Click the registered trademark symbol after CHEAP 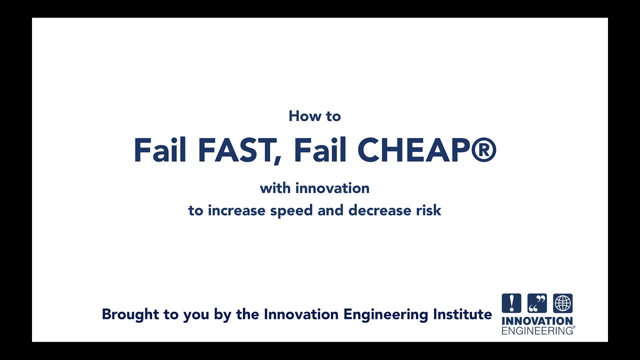pyautogui.click(x=483, y=150)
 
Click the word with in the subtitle pyautogui.click(x=275, y=188)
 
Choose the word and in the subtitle pyautogui.click(x=331, y=210)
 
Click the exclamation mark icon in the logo pyautogui.click(x=511, y=303)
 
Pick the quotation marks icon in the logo pyautogui.click(x=537, y=303)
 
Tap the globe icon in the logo pyautogui.click(x=563, y=303)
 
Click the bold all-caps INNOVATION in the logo pyautogui.click(x=537, y=321)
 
